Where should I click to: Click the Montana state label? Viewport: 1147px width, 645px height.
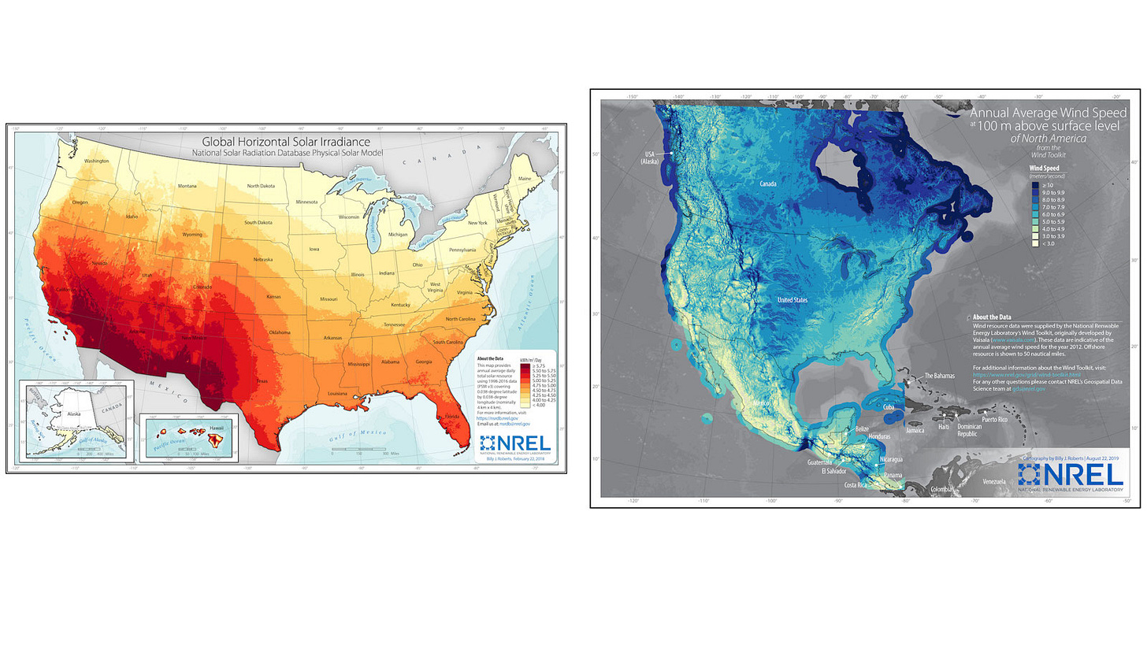click(x=187, y=186)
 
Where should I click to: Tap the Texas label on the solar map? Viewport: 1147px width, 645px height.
click(x=262, y=381)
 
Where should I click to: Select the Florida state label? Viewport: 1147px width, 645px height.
click(x=452, y=416)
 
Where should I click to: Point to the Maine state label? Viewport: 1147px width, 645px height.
click(x=524, y=178)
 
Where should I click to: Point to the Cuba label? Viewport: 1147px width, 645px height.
click(x=889, y=407)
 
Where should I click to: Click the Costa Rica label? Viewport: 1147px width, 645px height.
click(x=860, y=486)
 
